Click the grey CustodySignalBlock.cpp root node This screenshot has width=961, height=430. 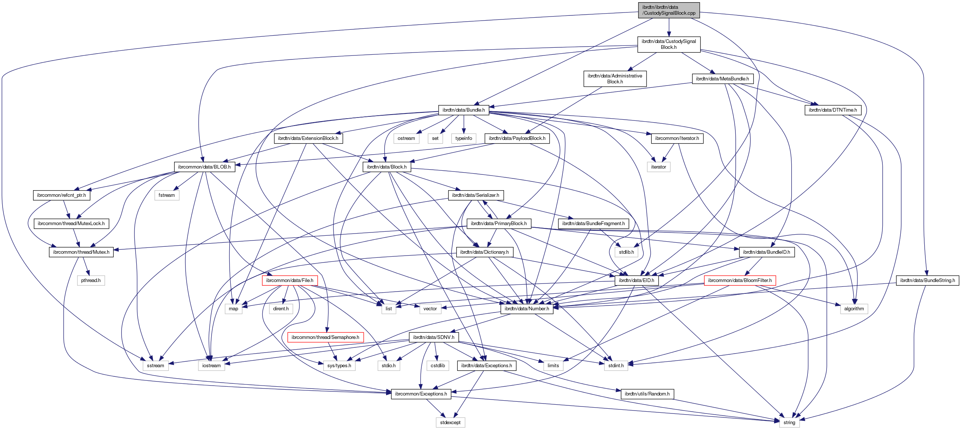(x=669, y=10)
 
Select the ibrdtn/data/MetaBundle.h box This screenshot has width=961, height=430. (x=722, y=79)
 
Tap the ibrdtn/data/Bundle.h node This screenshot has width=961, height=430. (x=463, y=110)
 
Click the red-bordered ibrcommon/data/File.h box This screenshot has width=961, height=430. (x=289, y=280)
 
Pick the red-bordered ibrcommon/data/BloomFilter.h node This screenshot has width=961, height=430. (x=739, y=280)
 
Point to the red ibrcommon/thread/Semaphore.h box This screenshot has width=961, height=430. (x=325, y=337)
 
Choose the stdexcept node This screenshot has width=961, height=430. (x=450, y=422)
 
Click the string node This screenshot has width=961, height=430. (x=789, y=422)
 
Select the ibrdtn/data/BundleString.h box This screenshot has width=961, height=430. (x=927, y=280)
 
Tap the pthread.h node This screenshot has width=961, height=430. (x=91, y=280)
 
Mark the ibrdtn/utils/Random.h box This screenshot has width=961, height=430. (x=647, y=394)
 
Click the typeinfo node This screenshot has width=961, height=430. (x=463, y=138)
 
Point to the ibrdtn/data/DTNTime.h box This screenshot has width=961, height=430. (x=833, y=110)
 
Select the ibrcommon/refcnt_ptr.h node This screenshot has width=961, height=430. (x=61, y=195)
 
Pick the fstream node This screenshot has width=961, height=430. (x=166, y=195)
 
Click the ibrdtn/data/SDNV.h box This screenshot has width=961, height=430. (x=433, y=337)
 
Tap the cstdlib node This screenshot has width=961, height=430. (x=438, y=365)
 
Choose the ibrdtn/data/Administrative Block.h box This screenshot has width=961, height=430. (x=615, y=79)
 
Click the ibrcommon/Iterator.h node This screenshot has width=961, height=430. (x=677, y=138)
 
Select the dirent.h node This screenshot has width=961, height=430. (x=281, y=308)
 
